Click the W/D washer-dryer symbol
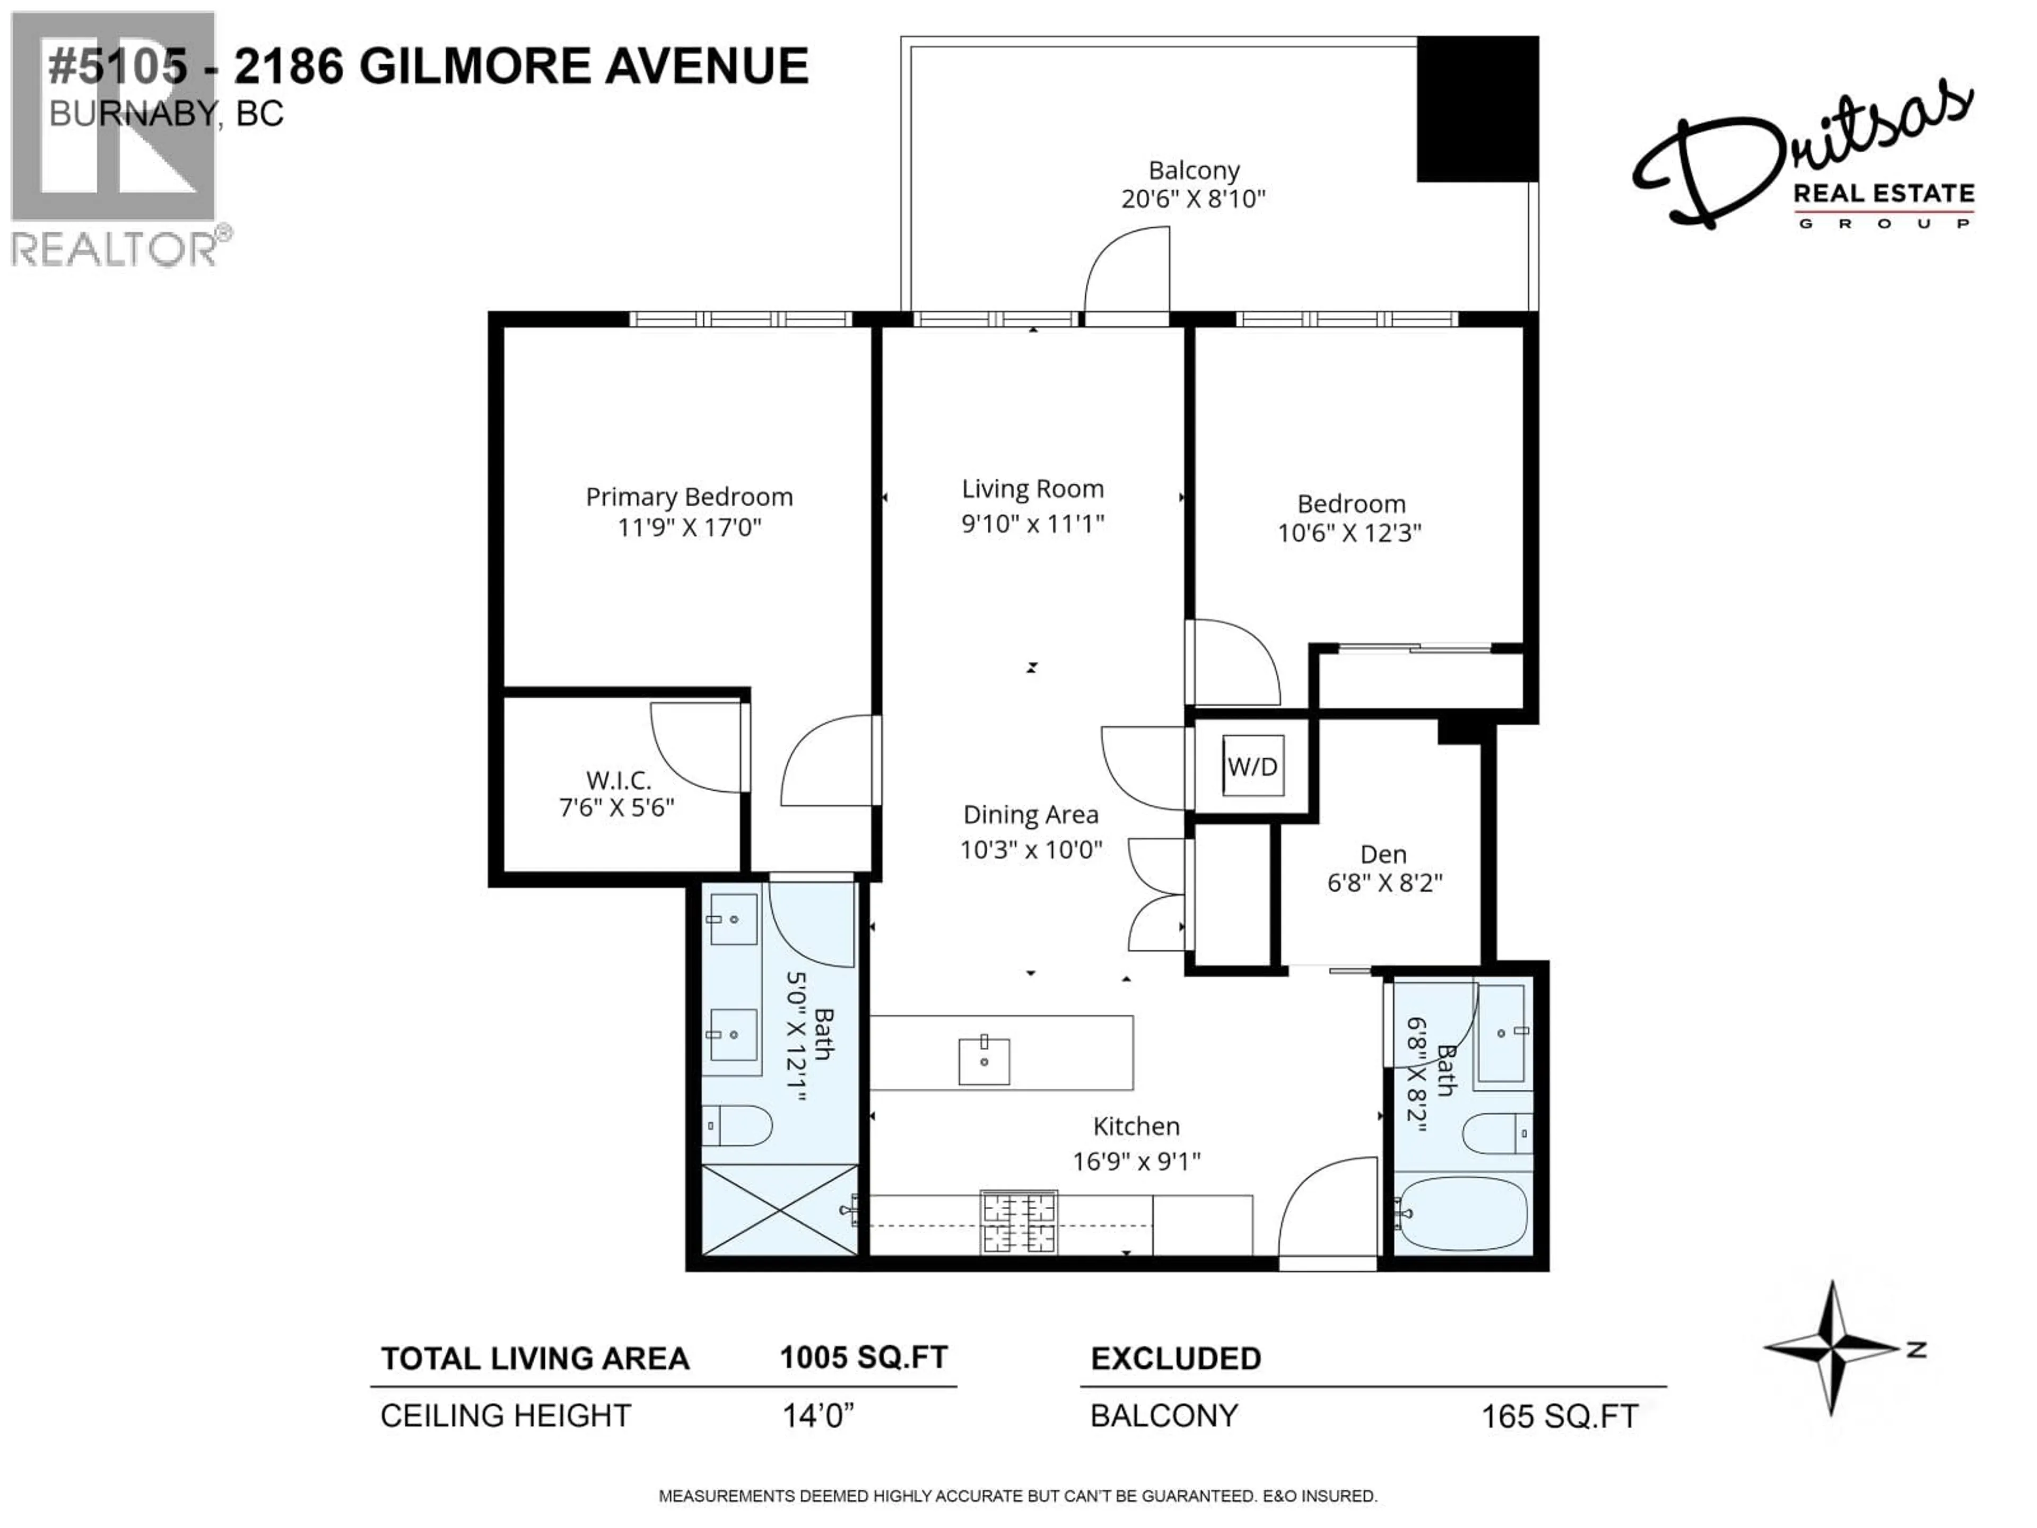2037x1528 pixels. (1252, 766)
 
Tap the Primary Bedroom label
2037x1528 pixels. (689, 497)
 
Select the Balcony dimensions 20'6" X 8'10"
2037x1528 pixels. (1194, 199)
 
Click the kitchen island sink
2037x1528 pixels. (983, 1061)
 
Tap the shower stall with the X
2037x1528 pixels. (779, 1209)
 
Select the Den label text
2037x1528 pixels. (1383, 855)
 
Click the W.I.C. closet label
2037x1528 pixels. (618, 781)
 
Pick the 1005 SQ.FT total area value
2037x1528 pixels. (863, 1358)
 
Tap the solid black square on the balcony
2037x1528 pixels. (1477, 109)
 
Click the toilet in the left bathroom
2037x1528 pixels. (737, 1125)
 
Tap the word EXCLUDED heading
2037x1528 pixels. (1176, 1359)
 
